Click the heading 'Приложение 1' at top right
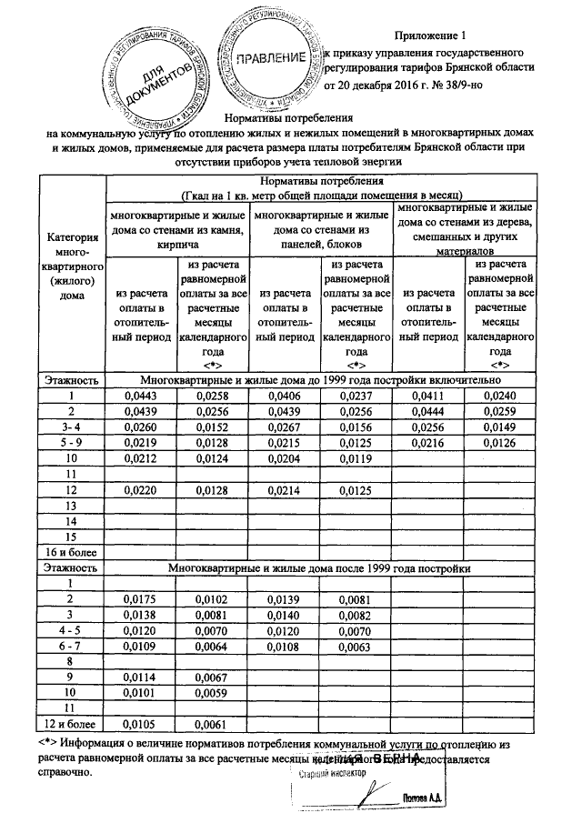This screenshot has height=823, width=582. point(429,35)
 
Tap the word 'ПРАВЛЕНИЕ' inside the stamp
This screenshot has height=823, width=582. point(269,59)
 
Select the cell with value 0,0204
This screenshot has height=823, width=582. point(284,458)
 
